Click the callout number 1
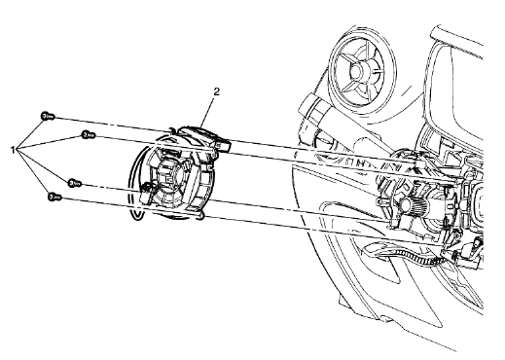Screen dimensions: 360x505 pos(13,150)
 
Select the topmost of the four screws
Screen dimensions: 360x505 pos(45,115)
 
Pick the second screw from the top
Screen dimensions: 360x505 pos(86,133)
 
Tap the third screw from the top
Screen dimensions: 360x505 pos(73,182)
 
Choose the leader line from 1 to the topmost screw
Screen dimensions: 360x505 pos(29,133)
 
